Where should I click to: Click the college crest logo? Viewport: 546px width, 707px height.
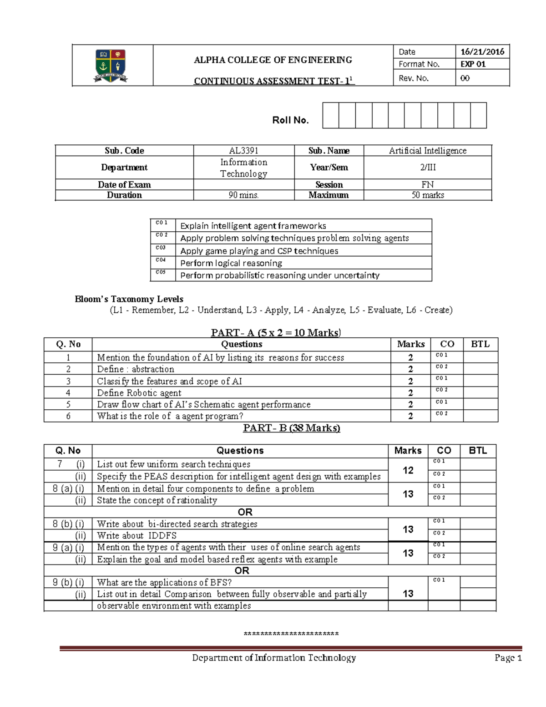pos(111,66)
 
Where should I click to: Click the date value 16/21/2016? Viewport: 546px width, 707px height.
pos(482,51)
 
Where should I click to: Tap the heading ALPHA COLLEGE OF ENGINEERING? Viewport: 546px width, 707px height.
pos(273,60)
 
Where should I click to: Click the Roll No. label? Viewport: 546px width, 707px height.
pos(290,120)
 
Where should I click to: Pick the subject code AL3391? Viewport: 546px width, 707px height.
pos(243,151)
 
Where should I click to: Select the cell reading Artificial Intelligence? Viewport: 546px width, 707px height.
pos(427,151)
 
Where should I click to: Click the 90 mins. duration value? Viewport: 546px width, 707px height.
pos(243,195)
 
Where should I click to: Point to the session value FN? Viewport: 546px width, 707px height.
pos(427,184)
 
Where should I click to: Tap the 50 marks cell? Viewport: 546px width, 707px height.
pos(427,195)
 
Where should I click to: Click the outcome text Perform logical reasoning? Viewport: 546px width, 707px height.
pos(231,263)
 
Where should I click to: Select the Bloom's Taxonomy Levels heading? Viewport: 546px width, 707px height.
pos(129,299)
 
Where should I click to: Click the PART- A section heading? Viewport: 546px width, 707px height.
pos(276,332)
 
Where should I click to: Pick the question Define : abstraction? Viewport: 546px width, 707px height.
pos(136,369)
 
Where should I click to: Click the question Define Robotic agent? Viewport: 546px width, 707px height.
pos(139,393)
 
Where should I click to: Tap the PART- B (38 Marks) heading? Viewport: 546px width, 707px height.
pos(291,428)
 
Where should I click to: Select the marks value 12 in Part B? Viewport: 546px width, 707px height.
pos(408,470)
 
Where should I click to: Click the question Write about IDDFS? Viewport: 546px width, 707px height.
pos(136,536)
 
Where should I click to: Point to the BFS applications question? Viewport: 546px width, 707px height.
pos(164,582)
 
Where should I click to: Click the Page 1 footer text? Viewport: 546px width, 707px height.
pos(508,658)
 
